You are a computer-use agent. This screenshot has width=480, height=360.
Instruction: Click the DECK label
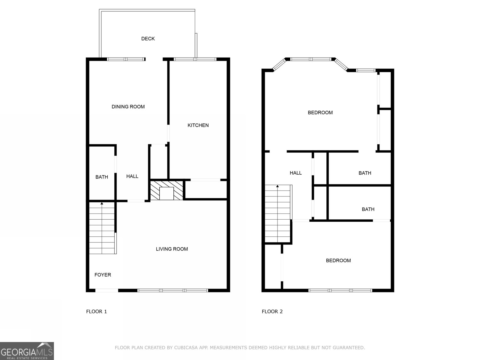pos(148,39)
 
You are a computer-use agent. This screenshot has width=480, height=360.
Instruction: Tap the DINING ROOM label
pos(128,107)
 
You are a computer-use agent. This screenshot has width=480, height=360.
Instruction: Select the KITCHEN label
pos(198,125)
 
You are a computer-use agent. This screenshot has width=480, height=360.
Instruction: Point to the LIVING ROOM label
pos(172,249)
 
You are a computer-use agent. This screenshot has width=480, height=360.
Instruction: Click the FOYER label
pos(103,275)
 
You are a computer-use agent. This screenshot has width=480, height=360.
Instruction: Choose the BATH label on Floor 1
pos(102,177)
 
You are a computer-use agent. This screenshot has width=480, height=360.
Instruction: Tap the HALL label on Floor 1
pos(132,176)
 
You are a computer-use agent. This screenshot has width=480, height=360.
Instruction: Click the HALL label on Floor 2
pos(295,173)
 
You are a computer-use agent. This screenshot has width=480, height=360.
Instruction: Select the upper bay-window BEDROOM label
pos(320,113)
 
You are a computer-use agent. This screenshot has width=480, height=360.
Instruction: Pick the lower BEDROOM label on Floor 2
pos(338,260)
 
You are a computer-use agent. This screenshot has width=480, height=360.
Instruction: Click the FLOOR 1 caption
pos(96,311)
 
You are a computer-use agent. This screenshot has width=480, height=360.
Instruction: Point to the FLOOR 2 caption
pos(272,311)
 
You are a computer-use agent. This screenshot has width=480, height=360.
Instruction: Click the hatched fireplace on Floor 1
pos(166,190)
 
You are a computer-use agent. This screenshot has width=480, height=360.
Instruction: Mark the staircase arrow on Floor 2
pos(277,187)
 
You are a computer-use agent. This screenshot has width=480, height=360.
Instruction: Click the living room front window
pos(173,290)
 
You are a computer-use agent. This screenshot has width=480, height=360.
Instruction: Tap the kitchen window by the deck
pos(195,59)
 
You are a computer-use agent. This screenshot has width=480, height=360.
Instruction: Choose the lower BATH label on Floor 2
pos(368,209)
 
